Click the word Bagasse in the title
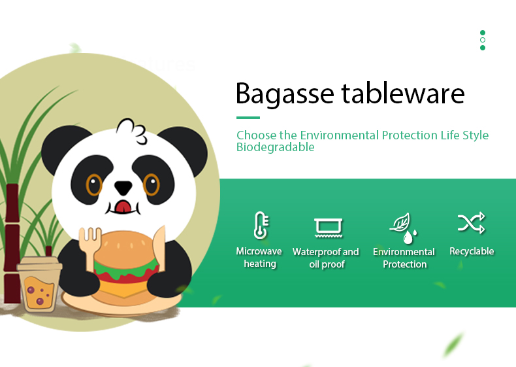tap(285, 94)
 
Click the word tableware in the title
tap(403, 93)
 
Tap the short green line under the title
tap(248, 117)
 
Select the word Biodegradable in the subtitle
tap(276, 147)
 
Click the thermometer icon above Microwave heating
tap(261, 225)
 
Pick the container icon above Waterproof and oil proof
tap(329, 228)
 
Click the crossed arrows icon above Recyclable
tap(471, 223)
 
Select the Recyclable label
tap(472, 251)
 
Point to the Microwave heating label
tap(259, 257)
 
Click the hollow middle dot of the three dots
tap(483, 40)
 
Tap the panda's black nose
tap(123, 188)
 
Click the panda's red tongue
tap(123, 207)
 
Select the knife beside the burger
tap(159, 248)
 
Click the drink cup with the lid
tap(39, 284)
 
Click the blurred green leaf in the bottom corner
tap(453, 345)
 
